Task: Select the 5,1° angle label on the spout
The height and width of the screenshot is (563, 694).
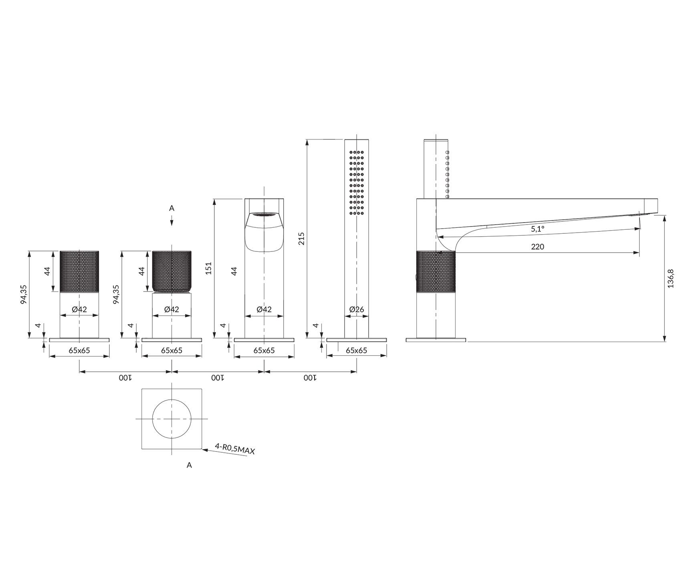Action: (538, 229)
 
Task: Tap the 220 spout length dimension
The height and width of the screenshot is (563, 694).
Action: (537, 247)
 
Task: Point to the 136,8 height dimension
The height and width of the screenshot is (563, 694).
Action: (671, 278)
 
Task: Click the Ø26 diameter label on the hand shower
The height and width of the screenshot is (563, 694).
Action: (356, 309)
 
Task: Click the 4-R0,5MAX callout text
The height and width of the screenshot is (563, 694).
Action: (235, 450)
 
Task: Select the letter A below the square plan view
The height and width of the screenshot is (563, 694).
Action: (189, 465)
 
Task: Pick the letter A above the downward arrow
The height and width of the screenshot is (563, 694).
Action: (171, 208)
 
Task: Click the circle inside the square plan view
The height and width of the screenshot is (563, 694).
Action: (171, 419)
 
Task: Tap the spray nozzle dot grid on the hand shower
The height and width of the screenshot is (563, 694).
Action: (357, 182)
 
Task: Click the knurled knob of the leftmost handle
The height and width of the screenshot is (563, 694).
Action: (79, 271)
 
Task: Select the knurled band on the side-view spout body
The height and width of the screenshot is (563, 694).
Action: (436, 271)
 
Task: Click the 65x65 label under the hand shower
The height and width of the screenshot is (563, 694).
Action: (356, 350)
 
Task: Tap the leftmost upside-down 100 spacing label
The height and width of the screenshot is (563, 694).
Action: (125, 378)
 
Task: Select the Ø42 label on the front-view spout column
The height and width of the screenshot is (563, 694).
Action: (264, 309)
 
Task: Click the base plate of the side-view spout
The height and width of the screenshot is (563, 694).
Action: (436, 340)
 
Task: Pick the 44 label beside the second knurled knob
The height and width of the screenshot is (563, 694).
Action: (141, 271)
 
